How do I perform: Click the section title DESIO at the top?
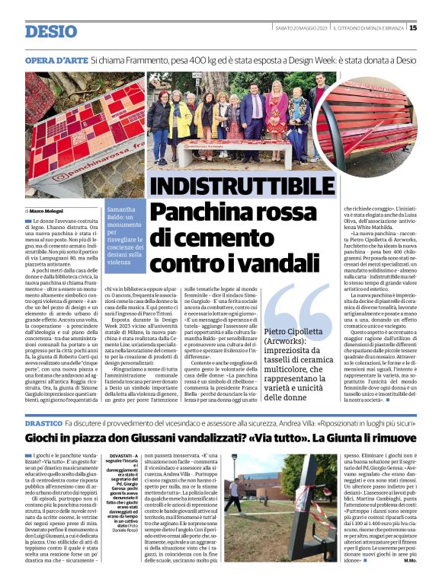point(51,31)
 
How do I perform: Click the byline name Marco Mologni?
point(46,210)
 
